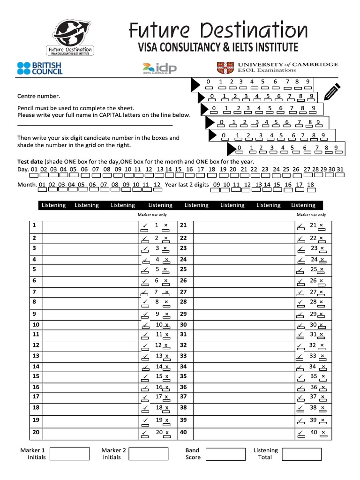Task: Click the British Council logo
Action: click(40, 68)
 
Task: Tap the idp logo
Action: click(159, 69)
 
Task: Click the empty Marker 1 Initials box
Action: click(69, 454)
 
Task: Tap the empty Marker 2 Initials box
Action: click(148, 454)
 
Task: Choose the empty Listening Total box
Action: click(301, 454)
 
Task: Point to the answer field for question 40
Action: click(243, 432)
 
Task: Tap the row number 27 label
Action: click(183, 292)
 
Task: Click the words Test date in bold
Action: click(30, 161)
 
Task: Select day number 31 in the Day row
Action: click(340, 169)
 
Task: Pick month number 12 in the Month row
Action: click(157, 185)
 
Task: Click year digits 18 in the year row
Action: click(310, 185)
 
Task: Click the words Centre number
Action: click(39, 96)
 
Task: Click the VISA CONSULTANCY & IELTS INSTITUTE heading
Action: click(217, 47)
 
